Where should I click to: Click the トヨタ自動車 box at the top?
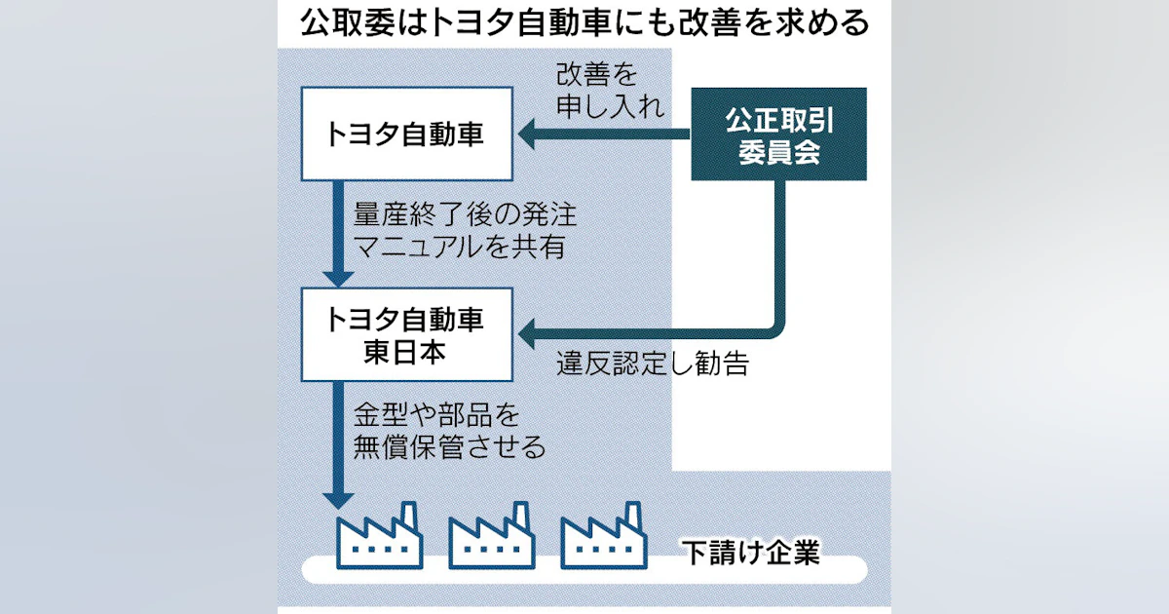tap(405, 134)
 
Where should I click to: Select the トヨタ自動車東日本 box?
tap(405, 333)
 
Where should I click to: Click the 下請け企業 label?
tap(749, 555)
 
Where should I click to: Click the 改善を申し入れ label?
tap(610, 90)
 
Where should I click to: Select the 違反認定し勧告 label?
tap(653, 365)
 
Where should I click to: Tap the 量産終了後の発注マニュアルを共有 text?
tap(459, 230)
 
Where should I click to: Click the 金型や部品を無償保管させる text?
tap(448, 431)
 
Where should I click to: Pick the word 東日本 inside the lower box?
tap(405, 351)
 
